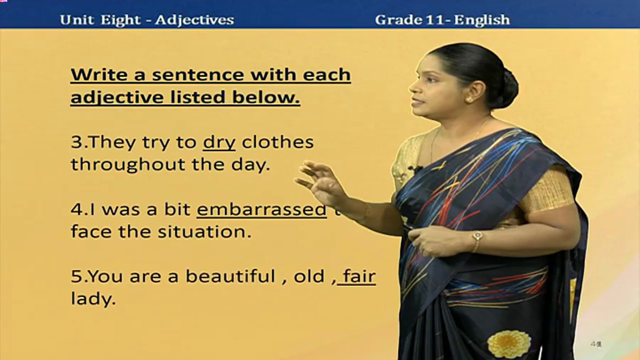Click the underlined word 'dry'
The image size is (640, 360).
(219, 143)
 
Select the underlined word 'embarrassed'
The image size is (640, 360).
(261, 209)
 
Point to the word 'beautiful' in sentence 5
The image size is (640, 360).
(230, 276)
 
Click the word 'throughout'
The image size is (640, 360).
(128, 165)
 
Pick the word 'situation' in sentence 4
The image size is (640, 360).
(204, 231)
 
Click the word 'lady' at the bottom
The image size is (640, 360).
(93, 299)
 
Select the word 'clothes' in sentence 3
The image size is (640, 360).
(277, 142)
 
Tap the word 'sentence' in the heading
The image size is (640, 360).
(197, 75)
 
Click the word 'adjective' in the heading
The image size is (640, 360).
(117, 98)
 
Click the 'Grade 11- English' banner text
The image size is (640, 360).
(442, 20)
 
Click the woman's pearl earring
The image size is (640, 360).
(469, 99)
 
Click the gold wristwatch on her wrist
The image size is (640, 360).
(477, 236)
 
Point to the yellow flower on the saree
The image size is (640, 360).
(509, 343)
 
